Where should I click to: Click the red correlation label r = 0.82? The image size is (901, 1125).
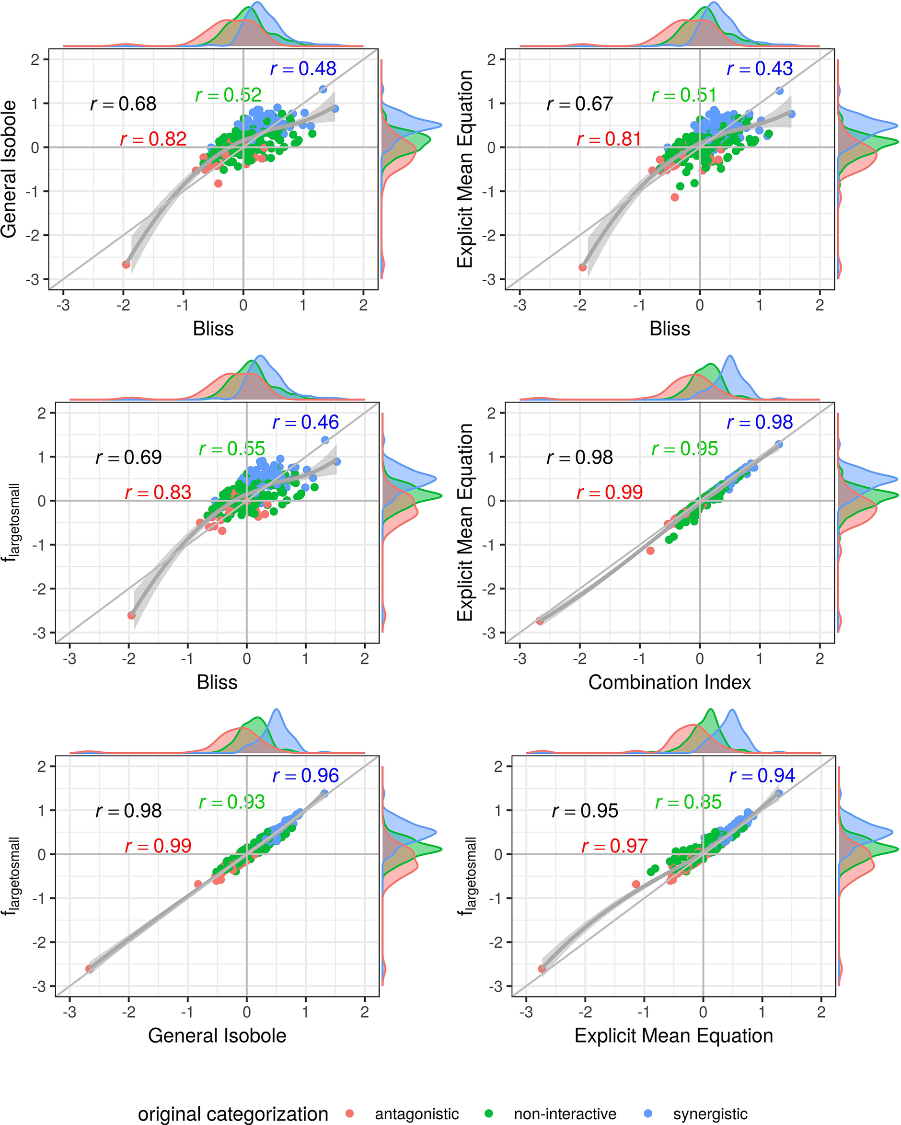point(153,139)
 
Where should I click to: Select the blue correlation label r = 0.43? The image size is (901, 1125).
point(760,69)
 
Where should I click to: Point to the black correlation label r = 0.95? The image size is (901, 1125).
point(585,810)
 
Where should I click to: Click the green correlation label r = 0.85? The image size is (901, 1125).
point(688,802)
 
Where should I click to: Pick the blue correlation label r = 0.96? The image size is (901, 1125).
point(305,775)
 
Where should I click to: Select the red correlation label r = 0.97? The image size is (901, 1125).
point(614,846)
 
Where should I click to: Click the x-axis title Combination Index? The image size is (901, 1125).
point(669,682)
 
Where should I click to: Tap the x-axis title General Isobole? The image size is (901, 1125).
point(217,1035)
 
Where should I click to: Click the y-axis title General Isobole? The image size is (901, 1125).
point(9,169)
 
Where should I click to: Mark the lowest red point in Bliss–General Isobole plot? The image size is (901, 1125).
point(126,264)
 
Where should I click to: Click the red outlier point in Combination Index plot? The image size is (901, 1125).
point(650,551)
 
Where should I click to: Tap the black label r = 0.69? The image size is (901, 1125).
point(128,457)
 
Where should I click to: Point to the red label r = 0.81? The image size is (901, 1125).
point(609,139)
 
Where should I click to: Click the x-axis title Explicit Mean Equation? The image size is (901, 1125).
point(673,1035)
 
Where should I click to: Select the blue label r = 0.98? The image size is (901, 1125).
point(760,422)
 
